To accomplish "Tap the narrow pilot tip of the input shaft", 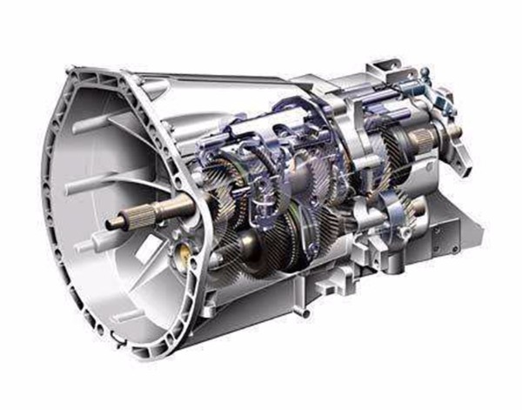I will click(114, 224).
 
